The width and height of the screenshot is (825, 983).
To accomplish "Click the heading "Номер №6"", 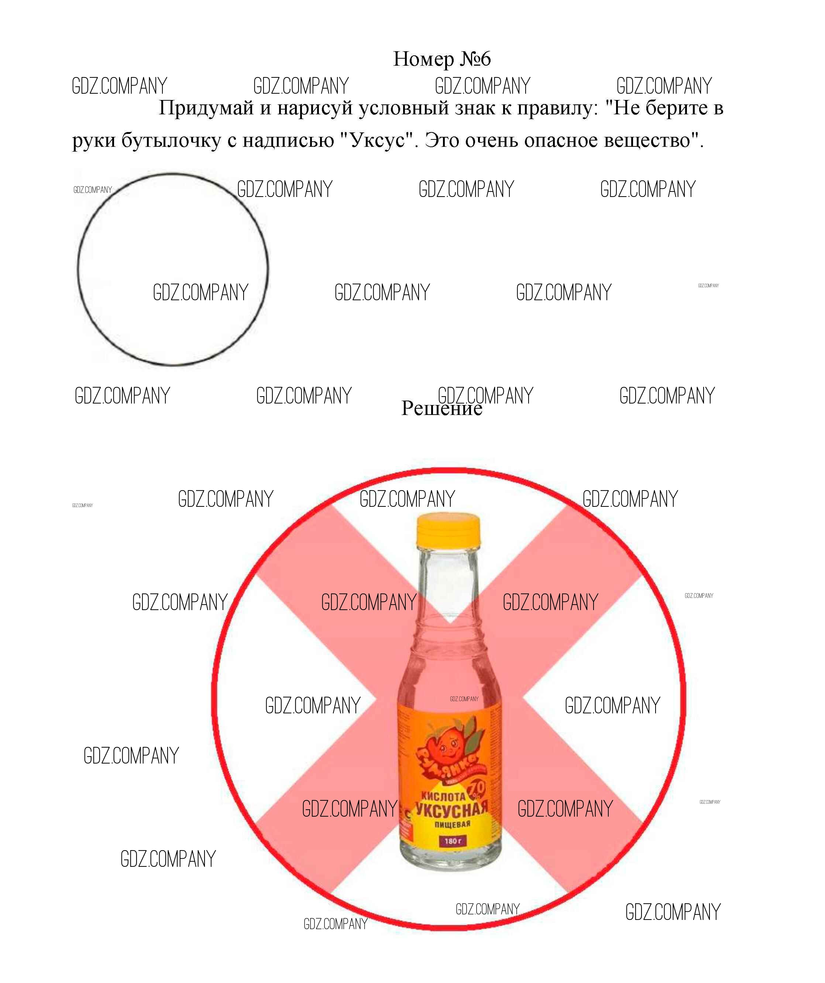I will click(x=441, y=59).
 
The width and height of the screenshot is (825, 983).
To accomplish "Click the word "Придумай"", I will click(x=206, y=108).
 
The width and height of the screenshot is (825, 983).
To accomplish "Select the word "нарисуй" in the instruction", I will click(x=315, y=108).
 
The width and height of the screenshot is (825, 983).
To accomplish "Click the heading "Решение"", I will click(x=441, y=409).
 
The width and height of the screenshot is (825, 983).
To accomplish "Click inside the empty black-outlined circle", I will click(x=172, y=243).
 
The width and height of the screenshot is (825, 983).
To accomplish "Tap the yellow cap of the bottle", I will click(x=448, y=529).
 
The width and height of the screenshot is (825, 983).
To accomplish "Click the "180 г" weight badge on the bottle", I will click(x=453, y=841).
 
